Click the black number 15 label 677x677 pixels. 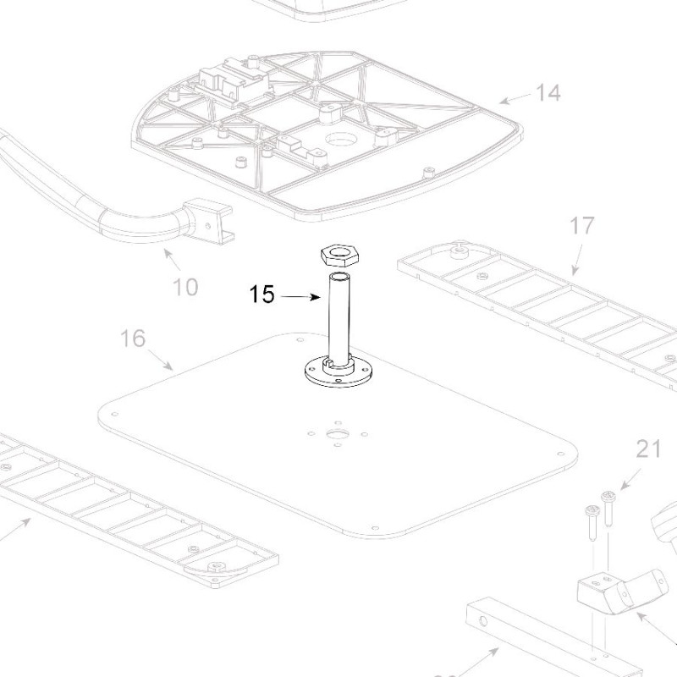(261, 295)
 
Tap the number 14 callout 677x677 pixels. (548, 92)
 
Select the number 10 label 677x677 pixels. (185, 287)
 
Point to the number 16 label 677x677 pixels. (132, 339)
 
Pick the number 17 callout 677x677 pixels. (582, 226)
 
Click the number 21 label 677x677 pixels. (648, 449)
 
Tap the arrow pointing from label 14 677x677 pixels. (514, 98)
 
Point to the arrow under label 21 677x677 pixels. (627, 481)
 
